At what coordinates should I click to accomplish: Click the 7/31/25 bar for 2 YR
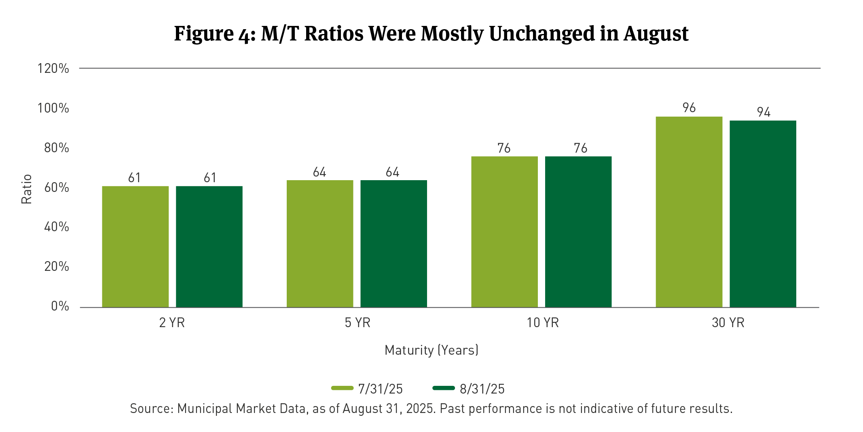pos(135,247)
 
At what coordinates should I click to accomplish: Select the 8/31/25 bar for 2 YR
pos(209,247)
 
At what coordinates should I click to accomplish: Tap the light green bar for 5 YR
pos(320,244)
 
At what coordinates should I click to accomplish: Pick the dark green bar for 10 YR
pos(578,232)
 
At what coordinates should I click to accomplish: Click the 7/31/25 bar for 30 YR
pos(689,212)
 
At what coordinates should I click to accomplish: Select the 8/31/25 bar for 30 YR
pos(763,214)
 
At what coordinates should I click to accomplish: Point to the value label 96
pos(689,108)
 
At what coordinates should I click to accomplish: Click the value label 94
pos(764,112)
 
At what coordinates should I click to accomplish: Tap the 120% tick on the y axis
pos(53,68)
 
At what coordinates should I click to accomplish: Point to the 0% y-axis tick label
pos(60,306)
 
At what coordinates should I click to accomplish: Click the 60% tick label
pos(57,187)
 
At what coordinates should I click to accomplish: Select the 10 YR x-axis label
pos(543,323)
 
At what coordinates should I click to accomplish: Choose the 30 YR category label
pos(728,323)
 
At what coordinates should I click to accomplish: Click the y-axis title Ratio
pos(26,189)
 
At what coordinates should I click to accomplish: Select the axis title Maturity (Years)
pos(431,350)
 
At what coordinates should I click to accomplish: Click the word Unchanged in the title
pos(541,34)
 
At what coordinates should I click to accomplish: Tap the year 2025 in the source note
pos(421,409)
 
